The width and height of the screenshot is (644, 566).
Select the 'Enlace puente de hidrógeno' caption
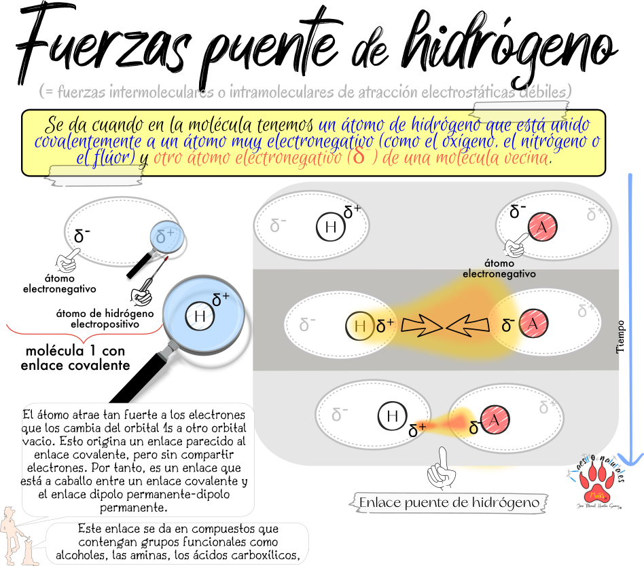coord(449,503)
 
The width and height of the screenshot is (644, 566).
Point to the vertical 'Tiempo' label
coord(620,337)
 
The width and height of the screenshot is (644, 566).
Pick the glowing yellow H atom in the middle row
coord(360,326)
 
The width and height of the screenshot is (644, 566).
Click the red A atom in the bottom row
coord(496,421)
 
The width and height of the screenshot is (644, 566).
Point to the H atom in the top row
coord(331,227)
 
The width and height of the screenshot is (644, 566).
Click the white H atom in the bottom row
coord(392,416)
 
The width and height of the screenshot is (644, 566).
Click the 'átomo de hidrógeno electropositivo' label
coord(105,319)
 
